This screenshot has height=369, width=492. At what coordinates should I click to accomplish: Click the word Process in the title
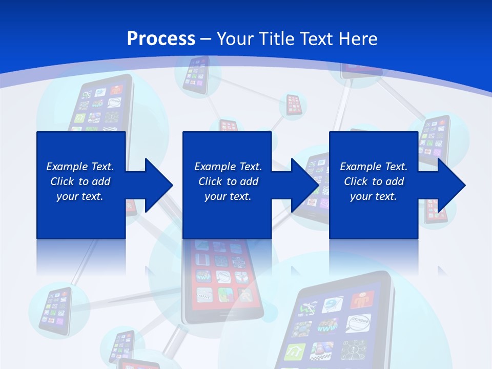161,38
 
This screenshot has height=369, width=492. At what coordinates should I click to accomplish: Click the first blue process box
81,215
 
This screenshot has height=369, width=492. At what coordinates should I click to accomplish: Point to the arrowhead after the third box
451,185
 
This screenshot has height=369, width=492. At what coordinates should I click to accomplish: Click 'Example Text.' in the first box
80,167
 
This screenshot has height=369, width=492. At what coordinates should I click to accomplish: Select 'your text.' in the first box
80,196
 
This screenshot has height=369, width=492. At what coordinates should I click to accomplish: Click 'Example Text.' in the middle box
228,167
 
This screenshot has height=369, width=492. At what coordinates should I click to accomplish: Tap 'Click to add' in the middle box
228,181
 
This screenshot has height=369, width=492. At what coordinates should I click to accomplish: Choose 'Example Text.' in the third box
374,167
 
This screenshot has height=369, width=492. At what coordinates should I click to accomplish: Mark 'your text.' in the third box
374,196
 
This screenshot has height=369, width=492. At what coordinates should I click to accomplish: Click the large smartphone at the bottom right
338,323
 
